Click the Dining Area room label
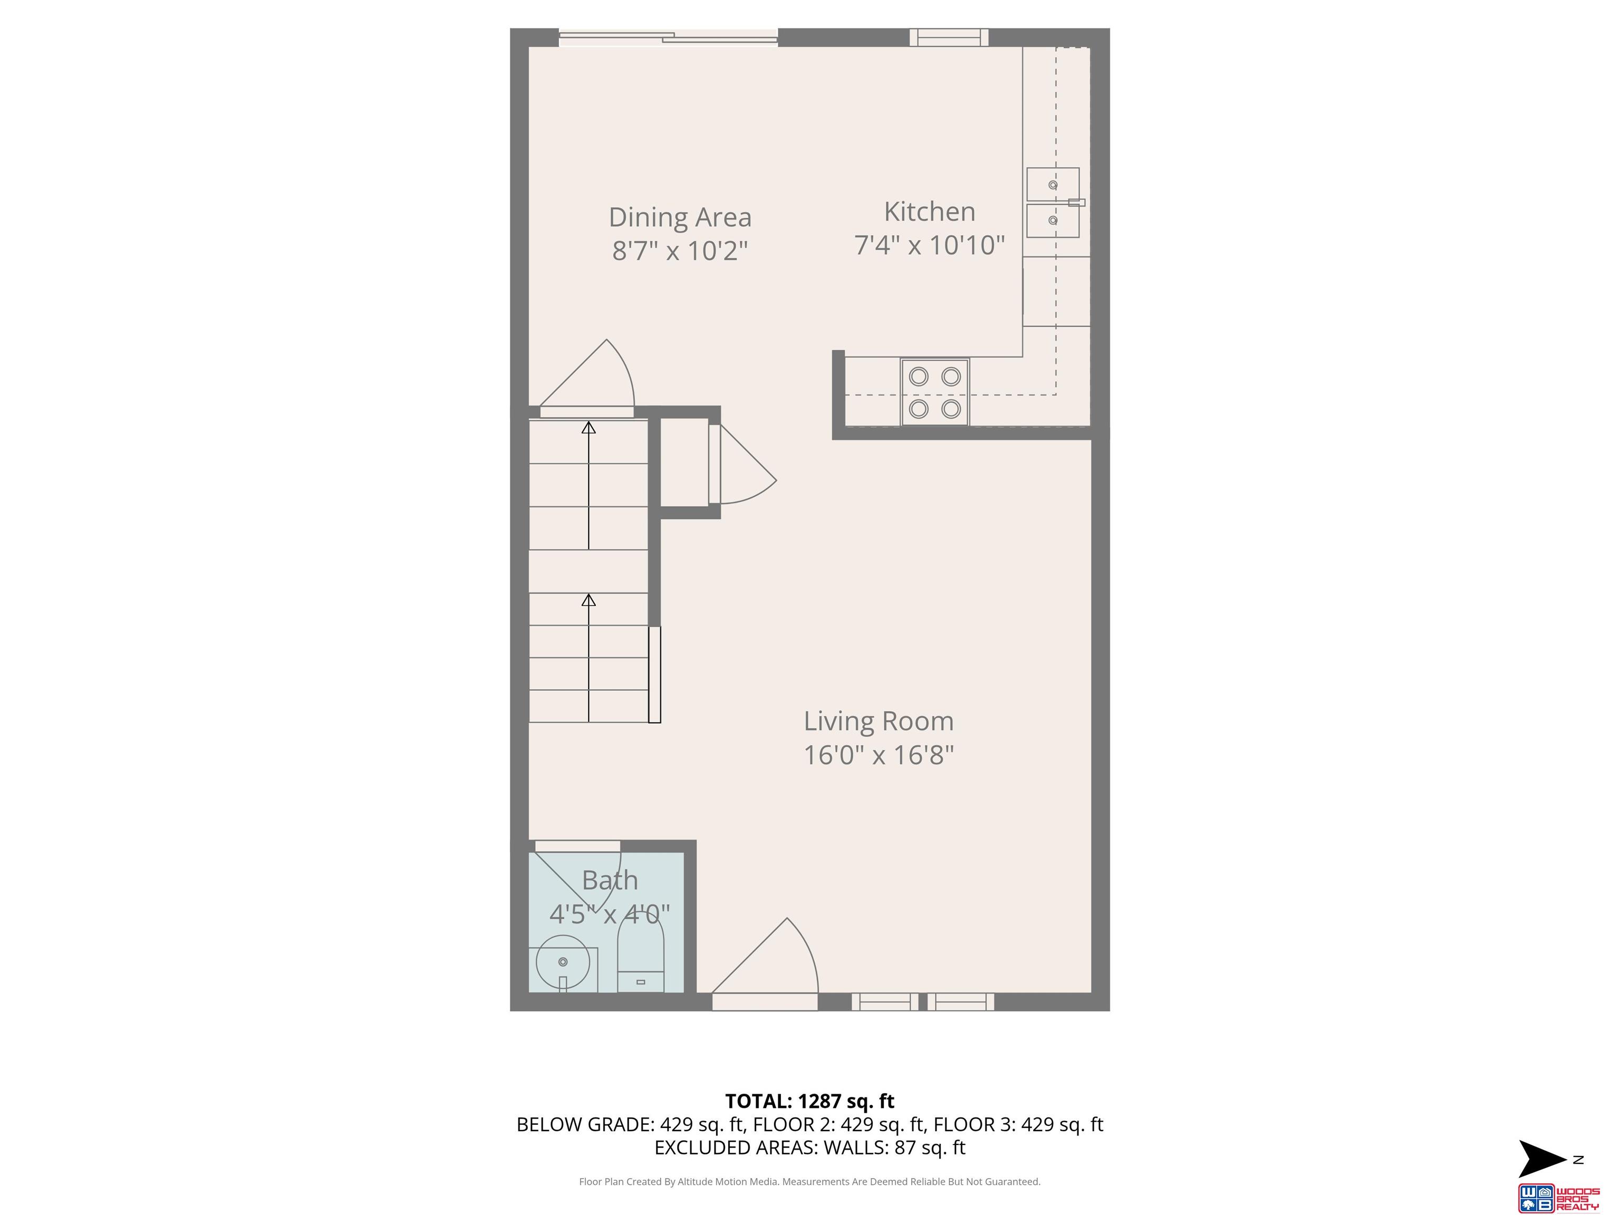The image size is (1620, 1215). pos(680,217)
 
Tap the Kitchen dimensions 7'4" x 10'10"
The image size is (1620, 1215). pos(929,245)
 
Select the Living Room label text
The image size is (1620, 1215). pos(879,721)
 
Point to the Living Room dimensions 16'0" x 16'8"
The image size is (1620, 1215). pos(879,755)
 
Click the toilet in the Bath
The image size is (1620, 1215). pos(641,954)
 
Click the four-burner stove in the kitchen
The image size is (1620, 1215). pos(934,392)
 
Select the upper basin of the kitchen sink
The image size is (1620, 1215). pos(1053,184)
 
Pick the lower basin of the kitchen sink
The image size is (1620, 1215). pos(1053,220)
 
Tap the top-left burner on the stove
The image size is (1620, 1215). pos(919,377)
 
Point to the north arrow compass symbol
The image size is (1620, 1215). pos(1542,1159)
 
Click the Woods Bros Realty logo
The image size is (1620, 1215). pos(1558,1198)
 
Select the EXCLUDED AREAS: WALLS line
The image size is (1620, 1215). pos(809,1147)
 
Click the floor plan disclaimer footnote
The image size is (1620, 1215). pos(809,1181)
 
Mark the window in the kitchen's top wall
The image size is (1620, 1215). pos(949,37)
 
